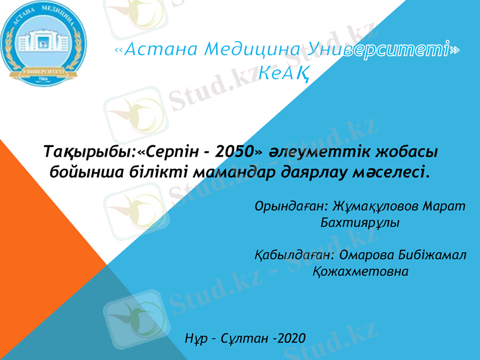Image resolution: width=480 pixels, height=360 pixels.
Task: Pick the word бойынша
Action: click(x=87, y=173)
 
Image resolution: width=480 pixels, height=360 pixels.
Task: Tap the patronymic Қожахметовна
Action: click(x=360, y=272)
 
